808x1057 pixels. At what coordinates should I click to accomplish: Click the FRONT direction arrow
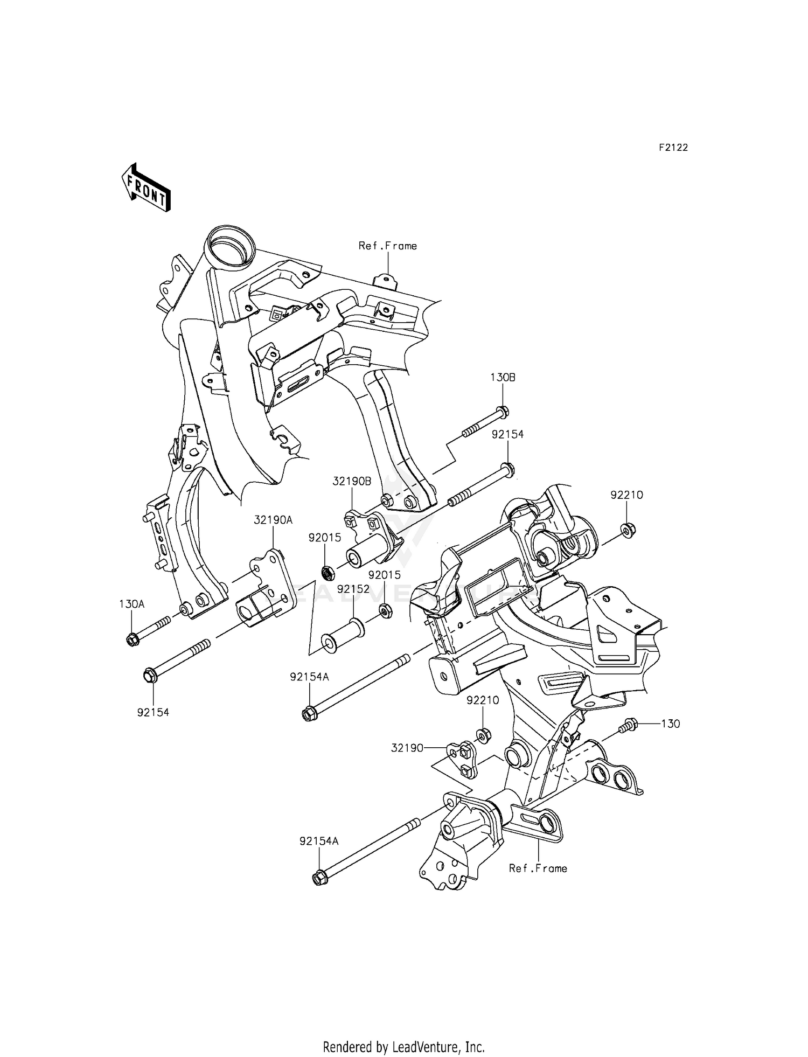[x=146, y=188]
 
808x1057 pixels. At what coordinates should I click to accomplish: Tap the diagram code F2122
[x=673, y=148]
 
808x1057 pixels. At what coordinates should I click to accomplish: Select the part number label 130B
[x=502, y=378]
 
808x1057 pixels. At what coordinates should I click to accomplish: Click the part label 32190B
[x=351, y=482]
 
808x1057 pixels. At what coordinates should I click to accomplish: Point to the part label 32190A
[x=273, y=520]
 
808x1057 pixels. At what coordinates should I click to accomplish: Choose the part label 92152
[x=353, y=589]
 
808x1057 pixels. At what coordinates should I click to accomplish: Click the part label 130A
[x=131, y=604]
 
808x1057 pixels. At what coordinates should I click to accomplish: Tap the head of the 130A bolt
[x=133, y=640]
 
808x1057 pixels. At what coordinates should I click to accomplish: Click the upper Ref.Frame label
[x=388, y=246]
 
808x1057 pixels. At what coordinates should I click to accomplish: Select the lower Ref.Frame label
[x=538, y=868]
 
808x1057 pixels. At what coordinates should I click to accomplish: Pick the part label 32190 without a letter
[x=407, y=748]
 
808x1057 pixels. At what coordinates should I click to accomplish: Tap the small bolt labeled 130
[x=630, y=725]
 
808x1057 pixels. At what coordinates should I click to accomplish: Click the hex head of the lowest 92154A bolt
[x=318, y=878]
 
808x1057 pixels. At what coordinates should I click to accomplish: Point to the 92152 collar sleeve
[x=342, y=634]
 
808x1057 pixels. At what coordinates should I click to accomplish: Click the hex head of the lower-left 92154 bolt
[x=150, y=675]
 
